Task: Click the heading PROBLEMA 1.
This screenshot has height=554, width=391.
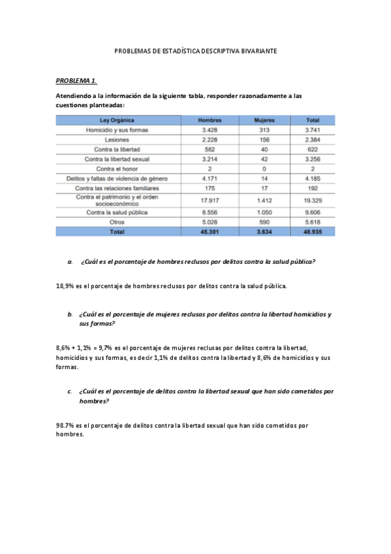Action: (x=76, y=80)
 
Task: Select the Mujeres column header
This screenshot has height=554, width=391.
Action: (x=264, y=120)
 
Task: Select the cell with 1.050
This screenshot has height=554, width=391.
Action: (x=264, y=212)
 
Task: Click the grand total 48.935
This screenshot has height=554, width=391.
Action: (x=313, y=231)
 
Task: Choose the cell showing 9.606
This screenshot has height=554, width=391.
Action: (x=313, y=212)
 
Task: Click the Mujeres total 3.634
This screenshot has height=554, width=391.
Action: (x=264, y=231)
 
